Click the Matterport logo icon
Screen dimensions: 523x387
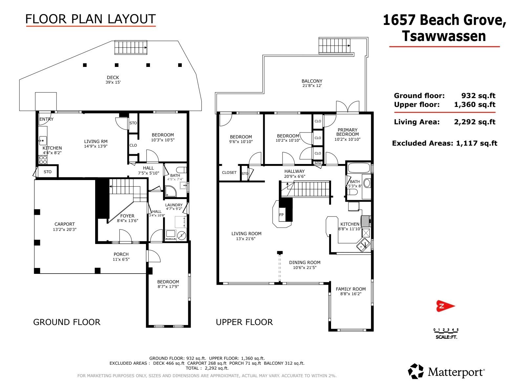coord(416,371)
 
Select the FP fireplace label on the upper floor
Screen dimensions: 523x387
coord(281,215)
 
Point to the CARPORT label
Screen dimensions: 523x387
coord(65,224)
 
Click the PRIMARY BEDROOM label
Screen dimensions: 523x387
coord(347,132)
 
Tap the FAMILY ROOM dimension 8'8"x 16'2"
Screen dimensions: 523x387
coord(351,294)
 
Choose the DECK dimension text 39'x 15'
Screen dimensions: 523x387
coord(113,82)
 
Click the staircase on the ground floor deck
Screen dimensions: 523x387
coord(131,47)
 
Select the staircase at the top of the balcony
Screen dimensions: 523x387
coord(334,46)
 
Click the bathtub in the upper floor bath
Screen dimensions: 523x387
coord(358,168)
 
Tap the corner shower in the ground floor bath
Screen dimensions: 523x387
coord(171,192)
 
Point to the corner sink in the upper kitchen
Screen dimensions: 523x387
coord(363,245)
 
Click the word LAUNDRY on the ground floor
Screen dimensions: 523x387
coord(174,205)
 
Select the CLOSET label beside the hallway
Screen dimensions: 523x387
coord(229,173)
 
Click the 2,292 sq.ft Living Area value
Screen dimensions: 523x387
coord(475,122)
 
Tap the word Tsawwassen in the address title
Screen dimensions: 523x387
coord(444,36)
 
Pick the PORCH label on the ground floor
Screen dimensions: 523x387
coord(121,254)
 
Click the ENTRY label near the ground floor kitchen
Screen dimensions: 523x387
coord(47,119)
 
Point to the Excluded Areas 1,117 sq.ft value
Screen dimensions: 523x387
coord(477,143)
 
